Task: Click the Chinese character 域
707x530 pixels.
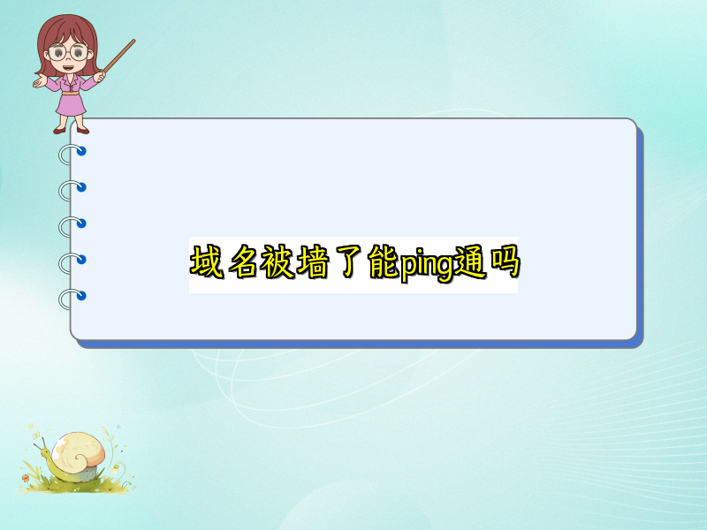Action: tap(207, 261)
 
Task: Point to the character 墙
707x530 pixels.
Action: tap(313, 261)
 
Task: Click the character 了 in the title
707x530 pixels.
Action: tap(348, 261)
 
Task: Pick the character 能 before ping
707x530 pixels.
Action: tap(384, 261)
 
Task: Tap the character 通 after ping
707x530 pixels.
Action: tap(470, 261)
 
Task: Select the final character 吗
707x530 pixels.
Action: tap(505, 261)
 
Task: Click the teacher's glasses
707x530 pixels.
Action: tap(68, 52)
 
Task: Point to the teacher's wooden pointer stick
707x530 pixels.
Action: tap(118, 57)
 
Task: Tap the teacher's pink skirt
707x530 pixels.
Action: tap(71, 104)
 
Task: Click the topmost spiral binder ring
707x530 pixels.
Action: tap(72, 154)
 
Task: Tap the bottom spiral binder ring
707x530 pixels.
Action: tap(72, 299)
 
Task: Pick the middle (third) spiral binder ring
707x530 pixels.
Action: tap(72, 226)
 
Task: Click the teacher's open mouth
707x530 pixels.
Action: tap(69, 68)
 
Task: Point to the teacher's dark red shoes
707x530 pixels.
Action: tap(71, 131)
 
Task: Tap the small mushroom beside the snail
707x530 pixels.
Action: tap(26, 478)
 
